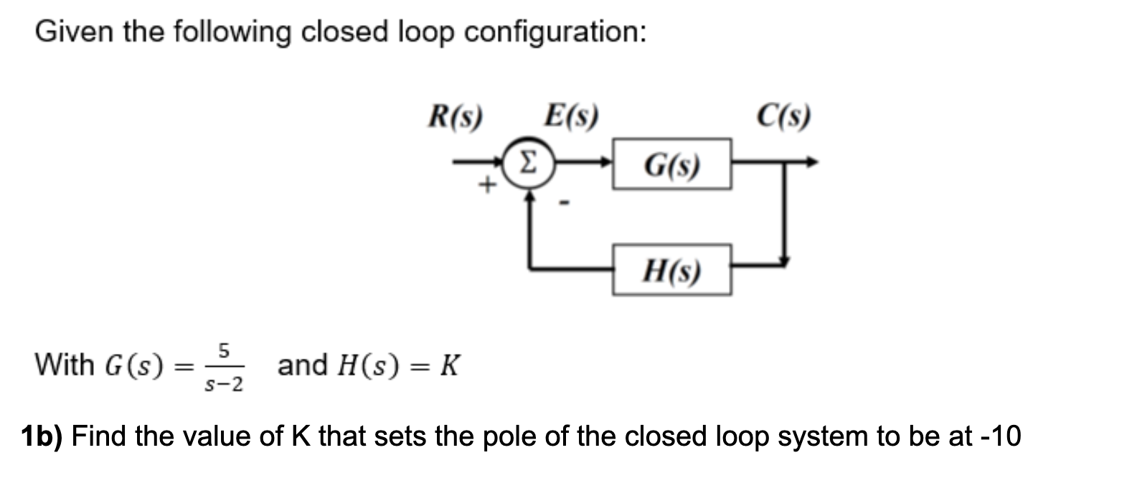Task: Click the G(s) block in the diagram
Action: point(671,164)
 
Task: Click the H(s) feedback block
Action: point(671,270)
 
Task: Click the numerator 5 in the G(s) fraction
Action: point(223,351)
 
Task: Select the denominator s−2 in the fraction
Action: point(224,385)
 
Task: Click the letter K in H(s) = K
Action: point(449,366)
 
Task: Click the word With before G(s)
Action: point(65,365)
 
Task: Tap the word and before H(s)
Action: point(302,365)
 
